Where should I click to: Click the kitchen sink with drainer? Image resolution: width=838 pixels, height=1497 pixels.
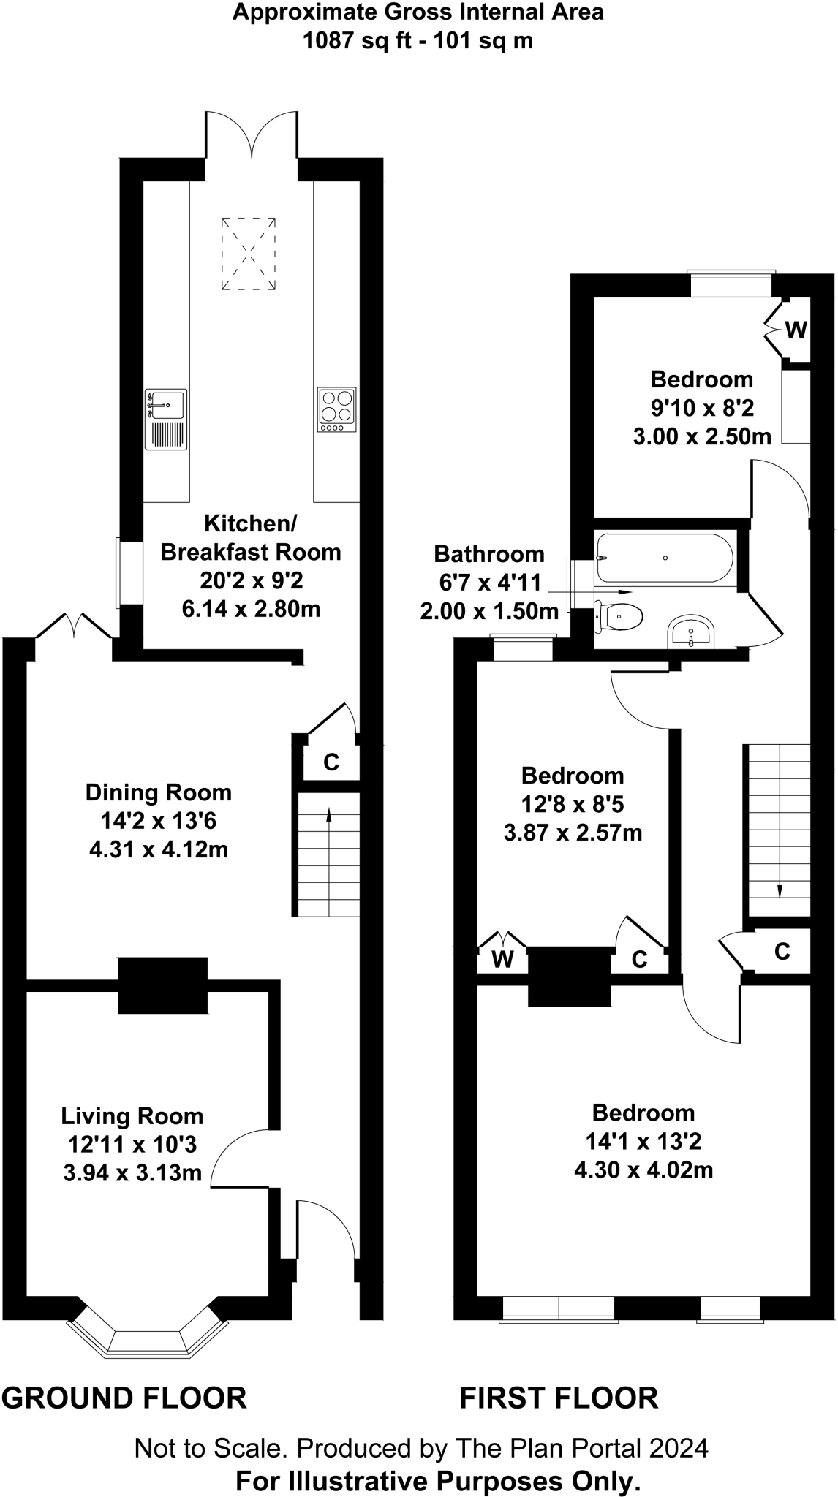point(167,419)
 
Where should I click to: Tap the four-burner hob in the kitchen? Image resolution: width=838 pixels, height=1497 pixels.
point(337,409)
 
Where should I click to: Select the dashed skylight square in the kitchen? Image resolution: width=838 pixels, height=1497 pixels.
point(249,254)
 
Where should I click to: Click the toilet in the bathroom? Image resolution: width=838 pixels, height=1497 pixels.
point(619,616)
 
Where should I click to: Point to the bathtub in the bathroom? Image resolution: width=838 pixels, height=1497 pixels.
point(665,558)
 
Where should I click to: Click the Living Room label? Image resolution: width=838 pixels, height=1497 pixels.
point(132,1116)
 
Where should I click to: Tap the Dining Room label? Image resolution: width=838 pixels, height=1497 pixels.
point(159,792)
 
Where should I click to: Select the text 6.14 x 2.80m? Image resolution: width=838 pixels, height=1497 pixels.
point(252,608)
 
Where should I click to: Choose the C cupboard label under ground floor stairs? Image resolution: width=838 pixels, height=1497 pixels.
point(331,762)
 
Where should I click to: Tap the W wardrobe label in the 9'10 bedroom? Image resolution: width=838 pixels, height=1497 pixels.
point(796,331)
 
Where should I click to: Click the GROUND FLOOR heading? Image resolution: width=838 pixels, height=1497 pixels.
point(124,1398)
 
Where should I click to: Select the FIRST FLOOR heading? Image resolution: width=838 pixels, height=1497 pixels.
point(559,1398)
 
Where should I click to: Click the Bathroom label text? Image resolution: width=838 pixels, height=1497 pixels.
point(489,554)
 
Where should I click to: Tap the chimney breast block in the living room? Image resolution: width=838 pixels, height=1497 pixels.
point(163,985)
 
